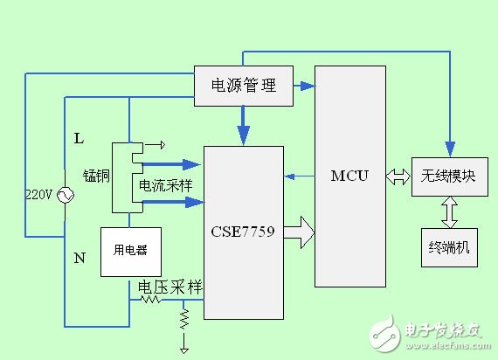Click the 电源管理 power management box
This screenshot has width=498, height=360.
point(244,86)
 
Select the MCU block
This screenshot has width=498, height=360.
point(349,176)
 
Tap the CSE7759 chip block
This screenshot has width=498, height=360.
point(243,232)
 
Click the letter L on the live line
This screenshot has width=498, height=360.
point(79,139)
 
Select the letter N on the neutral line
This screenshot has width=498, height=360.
point(80,259)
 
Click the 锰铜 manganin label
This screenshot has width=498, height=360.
point(95,176)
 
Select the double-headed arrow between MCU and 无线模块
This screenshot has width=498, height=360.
point(398,177)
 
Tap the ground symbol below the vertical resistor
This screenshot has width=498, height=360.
point(184,349)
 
